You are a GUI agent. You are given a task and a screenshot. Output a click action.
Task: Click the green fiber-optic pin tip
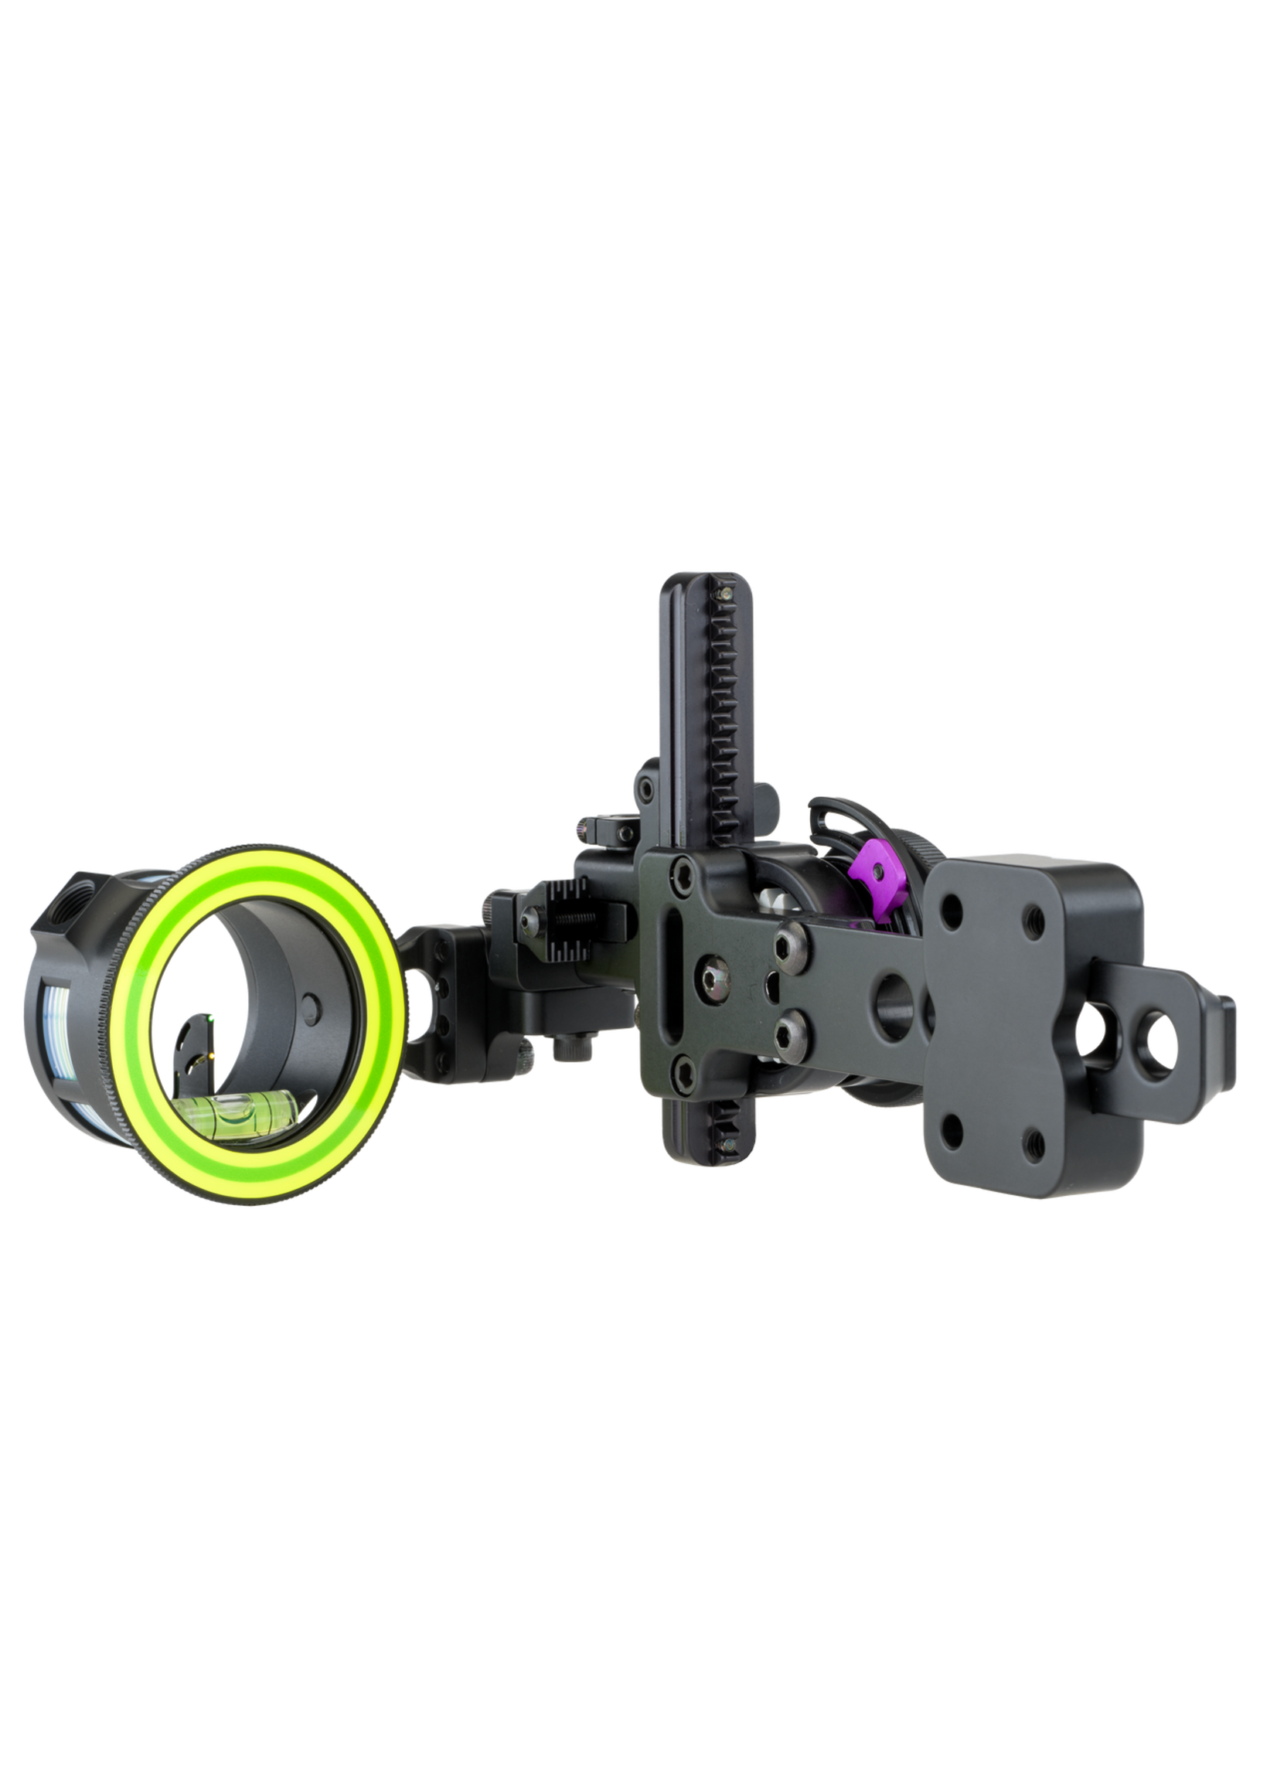[x=213, y=1020]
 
